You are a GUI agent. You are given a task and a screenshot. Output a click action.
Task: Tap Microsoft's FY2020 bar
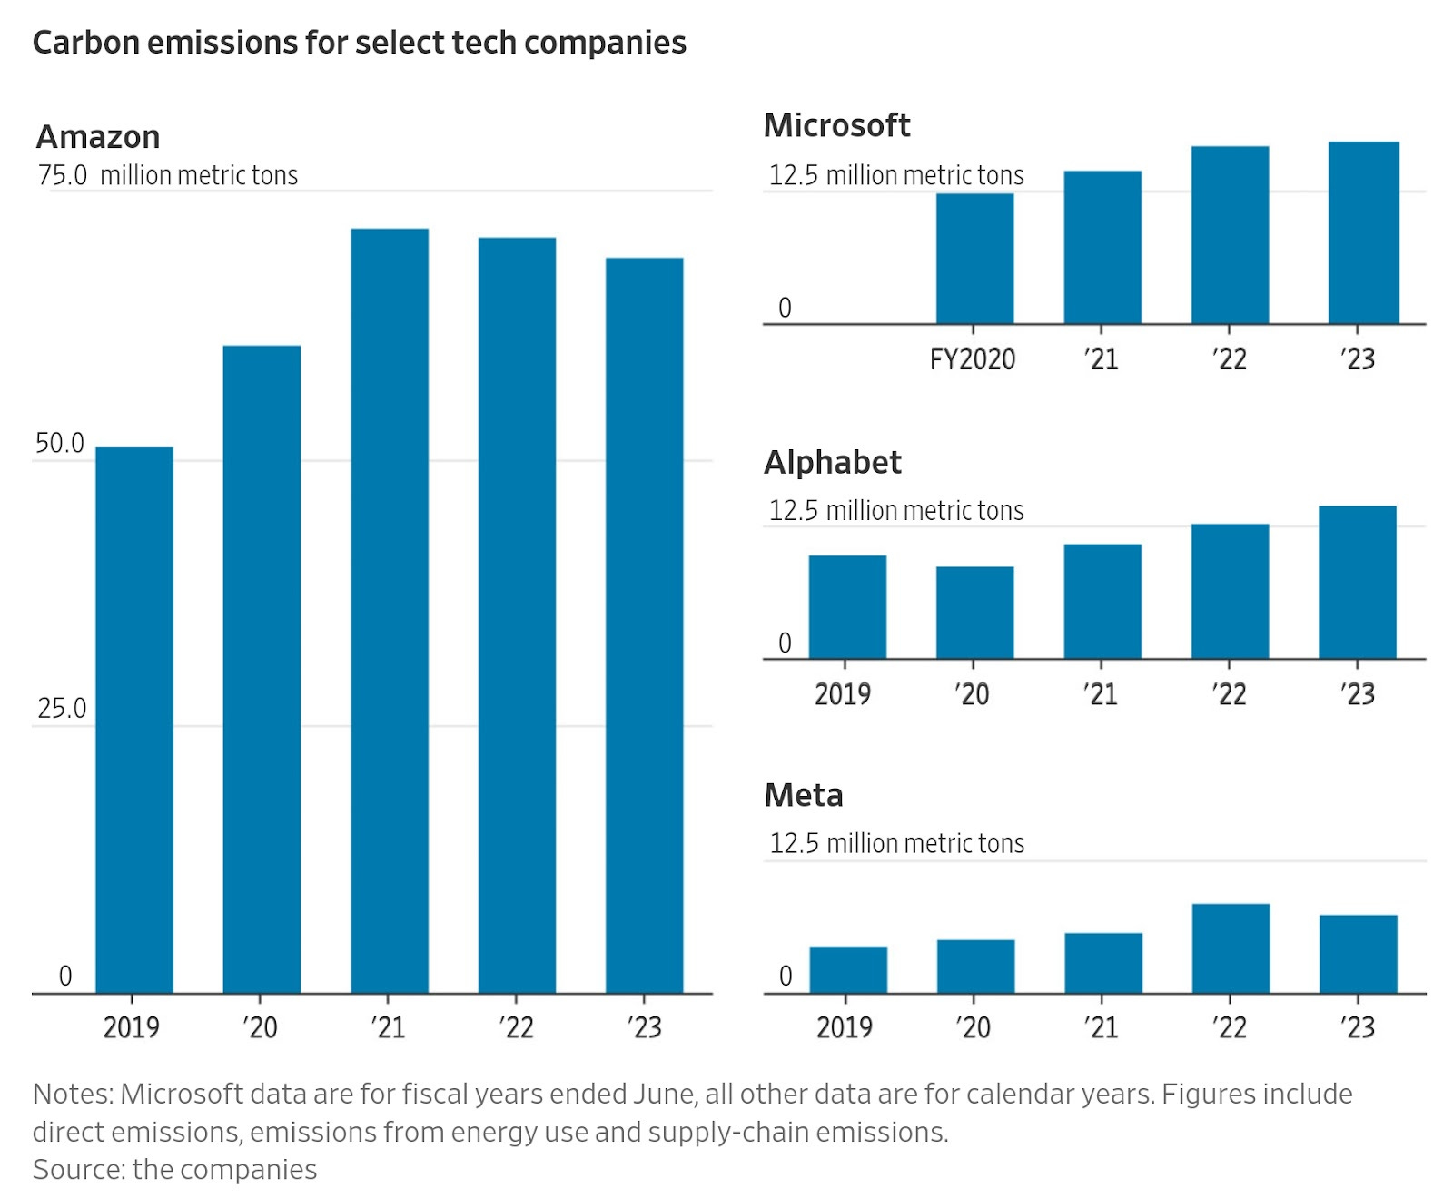[974, 259]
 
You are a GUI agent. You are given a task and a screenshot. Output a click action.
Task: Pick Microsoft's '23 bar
[1363, 232]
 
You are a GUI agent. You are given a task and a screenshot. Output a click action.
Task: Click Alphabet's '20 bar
[974, 613]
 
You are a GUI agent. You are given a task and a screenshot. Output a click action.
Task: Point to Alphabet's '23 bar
[1357, 582]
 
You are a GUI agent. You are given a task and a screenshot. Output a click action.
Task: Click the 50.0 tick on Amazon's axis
[60, 444]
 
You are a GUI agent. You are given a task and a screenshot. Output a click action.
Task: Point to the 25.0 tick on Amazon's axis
[62, 709]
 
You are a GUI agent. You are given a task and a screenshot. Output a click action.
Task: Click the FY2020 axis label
[972, 359]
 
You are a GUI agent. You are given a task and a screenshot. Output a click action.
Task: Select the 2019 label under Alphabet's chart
[843, 694]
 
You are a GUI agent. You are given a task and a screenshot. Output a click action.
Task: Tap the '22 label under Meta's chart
[1230, 1027]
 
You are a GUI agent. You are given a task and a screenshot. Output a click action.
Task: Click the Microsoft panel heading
[836, 125]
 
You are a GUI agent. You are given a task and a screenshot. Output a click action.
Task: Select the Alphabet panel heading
[832, 462]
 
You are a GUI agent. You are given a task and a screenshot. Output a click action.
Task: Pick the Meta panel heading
[804, 795]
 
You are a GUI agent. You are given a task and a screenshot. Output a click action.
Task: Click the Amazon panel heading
[98, 137]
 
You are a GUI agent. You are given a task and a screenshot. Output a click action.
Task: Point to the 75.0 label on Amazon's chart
[62, 175]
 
